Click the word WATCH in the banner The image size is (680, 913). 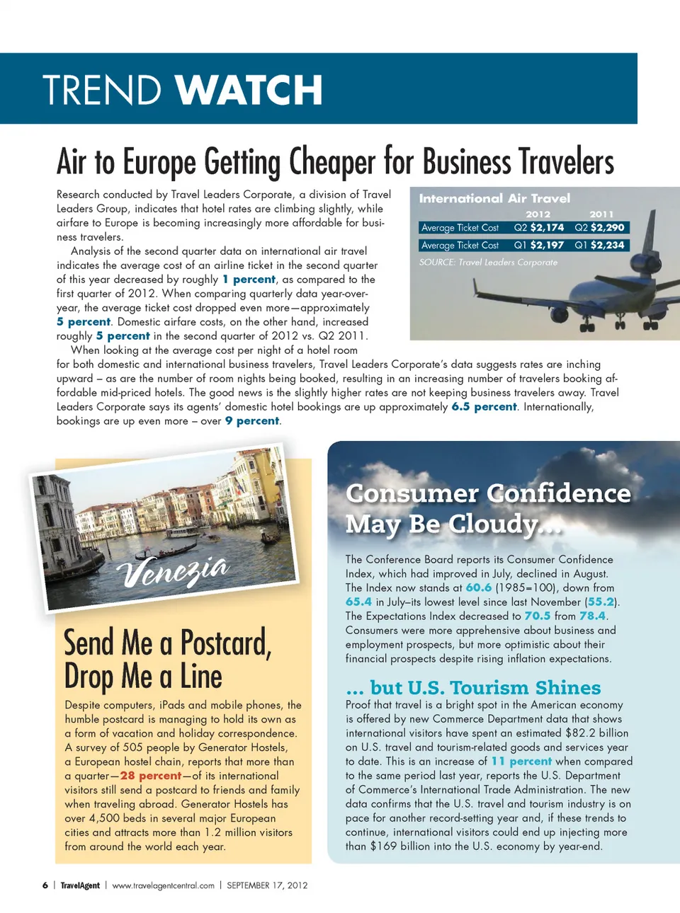click(249, 90)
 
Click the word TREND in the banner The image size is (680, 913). click(102, 90)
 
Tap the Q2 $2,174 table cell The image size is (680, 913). click(539, 227)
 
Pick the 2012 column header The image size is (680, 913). click(538, 214)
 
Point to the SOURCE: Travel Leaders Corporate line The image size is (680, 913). click(488, 262)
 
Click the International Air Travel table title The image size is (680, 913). click(494, 198)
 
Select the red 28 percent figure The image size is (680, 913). click(151, 776)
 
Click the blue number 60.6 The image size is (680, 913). click(478, 587)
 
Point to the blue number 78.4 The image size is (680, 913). click(592, 616)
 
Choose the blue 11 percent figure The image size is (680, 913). click(521, 762)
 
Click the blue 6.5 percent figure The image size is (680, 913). click(484, 407)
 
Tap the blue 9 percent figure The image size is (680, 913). click(252, 421)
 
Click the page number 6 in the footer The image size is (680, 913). click(45, 885)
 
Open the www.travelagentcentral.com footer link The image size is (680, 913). click(163, 885)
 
